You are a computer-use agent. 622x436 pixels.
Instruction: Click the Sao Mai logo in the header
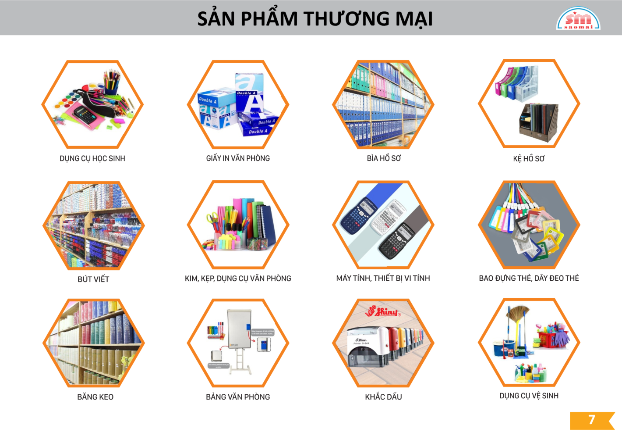click(578, 19)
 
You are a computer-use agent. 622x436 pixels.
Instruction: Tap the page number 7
click(591, 420)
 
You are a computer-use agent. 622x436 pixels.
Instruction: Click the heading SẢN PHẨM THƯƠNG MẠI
click(315, 19)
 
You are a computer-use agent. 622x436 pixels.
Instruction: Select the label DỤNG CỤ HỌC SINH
click(92, 158)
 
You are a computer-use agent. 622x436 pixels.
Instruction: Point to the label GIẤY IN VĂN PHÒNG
click(238, 158)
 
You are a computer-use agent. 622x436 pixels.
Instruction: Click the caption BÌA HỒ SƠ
click(384, 158)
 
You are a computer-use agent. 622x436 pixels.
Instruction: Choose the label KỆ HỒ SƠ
click(529, 159)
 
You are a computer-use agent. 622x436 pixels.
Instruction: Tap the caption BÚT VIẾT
click(93, 279)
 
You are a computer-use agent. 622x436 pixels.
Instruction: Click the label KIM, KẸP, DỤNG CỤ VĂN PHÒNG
click(238, 279)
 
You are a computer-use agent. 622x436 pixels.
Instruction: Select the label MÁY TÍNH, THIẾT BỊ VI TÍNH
click(383, 278)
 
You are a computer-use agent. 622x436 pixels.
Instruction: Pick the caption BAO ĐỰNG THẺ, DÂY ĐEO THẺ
click(529, 278)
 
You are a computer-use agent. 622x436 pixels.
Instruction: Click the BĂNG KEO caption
click(95, 397)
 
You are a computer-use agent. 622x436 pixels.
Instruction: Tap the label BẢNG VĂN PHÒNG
click(238, 397)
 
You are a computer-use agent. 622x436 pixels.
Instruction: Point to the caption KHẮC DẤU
click(383, 397)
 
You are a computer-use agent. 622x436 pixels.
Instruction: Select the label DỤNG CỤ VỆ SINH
click(529, 396)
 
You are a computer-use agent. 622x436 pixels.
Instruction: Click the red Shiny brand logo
click(382, 312)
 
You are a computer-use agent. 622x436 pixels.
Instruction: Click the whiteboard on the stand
click(239, 329)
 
